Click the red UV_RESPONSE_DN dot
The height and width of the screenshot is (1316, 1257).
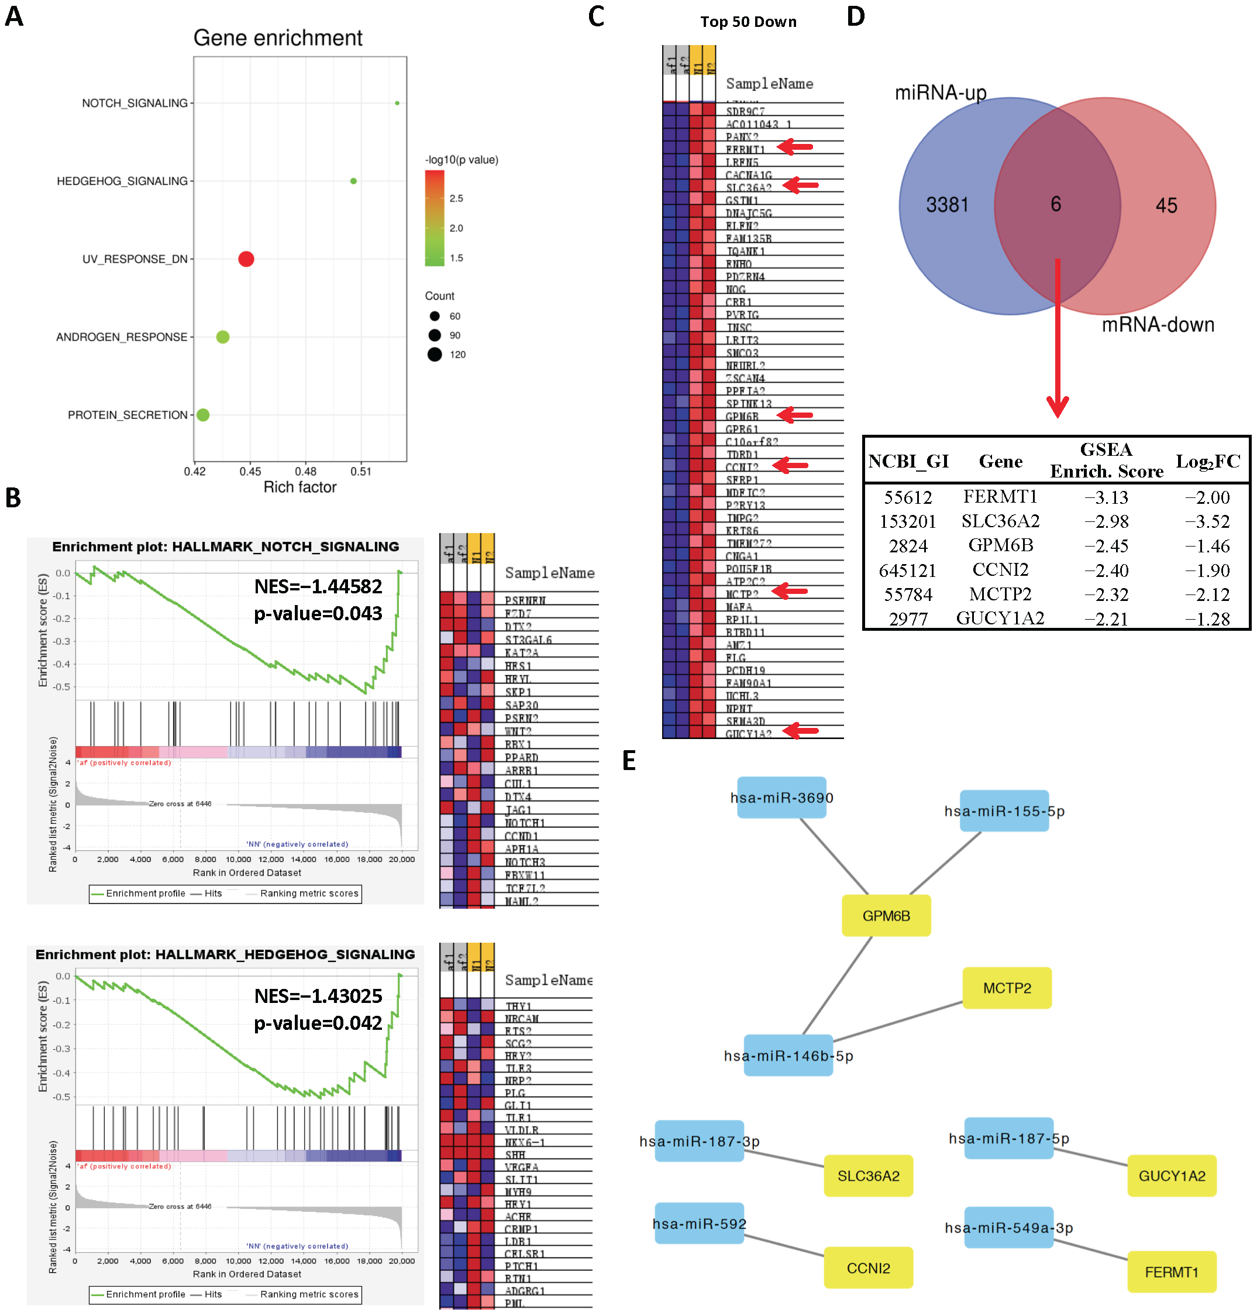(x=246, y=259)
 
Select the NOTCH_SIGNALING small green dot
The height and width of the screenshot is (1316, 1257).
(x=397, y=103)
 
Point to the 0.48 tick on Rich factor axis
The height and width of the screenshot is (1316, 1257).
(x=305, y=471)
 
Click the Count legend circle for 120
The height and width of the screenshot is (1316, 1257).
(x=435, y=354)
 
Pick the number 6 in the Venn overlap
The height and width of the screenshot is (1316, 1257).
(x=1055, y=204)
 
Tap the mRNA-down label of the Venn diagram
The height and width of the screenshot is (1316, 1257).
(x=1157, y=325)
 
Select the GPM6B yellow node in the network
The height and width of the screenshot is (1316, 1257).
(x=886, y=916)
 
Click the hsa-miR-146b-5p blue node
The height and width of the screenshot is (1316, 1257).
(x=788, y=1056)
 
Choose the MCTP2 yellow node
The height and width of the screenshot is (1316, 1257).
(x=1007, y=988)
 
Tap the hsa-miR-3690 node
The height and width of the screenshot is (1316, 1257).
(x=781, y=798)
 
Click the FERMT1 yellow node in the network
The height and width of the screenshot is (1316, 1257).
(x=1171, y=1272)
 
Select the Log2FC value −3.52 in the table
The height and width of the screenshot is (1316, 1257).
(x=1207, y=521)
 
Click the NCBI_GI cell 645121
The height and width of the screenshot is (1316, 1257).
(x=907, y=571)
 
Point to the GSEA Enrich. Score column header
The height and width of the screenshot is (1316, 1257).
(x=1106, y=461)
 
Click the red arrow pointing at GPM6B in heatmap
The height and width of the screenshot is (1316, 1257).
(x=795, y=415)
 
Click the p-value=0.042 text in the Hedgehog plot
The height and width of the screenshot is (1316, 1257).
(x=318, y=1023)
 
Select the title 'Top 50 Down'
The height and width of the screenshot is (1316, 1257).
(x=749, y=22)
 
